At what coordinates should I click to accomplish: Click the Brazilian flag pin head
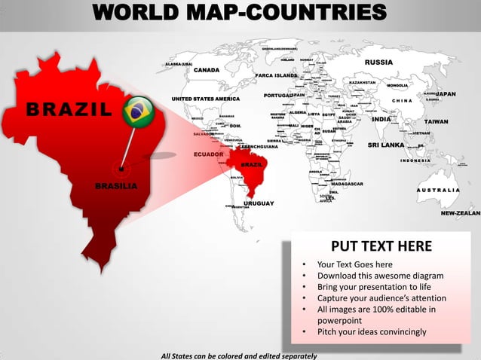136,111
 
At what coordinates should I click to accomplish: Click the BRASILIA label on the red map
116,186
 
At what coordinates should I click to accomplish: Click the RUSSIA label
378,62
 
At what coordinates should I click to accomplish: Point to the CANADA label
207,70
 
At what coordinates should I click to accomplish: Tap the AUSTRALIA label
437,190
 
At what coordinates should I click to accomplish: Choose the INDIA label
381,119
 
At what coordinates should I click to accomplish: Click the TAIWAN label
436,121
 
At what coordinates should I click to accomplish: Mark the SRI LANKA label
387,145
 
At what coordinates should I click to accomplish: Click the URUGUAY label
259,204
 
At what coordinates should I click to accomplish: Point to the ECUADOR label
208,154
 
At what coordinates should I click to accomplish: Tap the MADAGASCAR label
347,184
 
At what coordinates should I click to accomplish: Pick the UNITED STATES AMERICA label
206,99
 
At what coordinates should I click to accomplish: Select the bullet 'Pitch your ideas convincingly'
372,331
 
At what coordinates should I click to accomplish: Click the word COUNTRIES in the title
317,13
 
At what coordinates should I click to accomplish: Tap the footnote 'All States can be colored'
239,355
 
